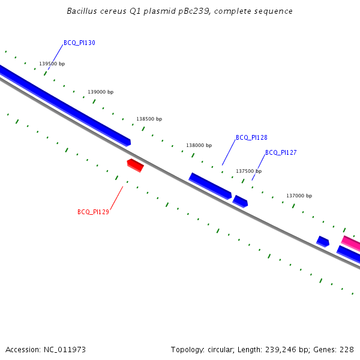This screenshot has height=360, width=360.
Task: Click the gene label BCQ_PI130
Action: (79, 43)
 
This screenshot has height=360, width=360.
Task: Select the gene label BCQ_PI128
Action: (251, 137)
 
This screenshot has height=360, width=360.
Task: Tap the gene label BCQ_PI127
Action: (281, 152)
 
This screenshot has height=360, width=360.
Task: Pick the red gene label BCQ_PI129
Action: (93, 212)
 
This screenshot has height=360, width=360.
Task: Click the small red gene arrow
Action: (135, 164)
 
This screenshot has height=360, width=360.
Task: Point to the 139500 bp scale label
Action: (52, 64)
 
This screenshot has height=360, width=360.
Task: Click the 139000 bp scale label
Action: (100, 92)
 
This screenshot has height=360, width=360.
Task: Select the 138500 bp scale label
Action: (149, 119)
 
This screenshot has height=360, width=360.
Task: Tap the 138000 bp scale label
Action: (199, 145)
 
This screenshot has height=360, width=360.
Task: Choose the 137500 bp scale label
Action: (248, 171)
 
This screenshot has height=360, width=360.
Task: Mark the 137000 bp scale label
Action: (299, 196)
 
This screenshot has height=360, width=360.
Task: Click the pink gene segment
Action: (351, 243)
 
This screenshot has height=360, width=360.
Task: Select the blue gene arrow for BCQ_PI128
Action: (210, 186)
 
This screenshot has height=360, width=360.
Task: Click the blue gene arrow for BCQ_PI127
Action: (240, 201)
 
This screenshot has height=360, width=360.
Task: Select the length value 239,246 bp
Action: (286, 349)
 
